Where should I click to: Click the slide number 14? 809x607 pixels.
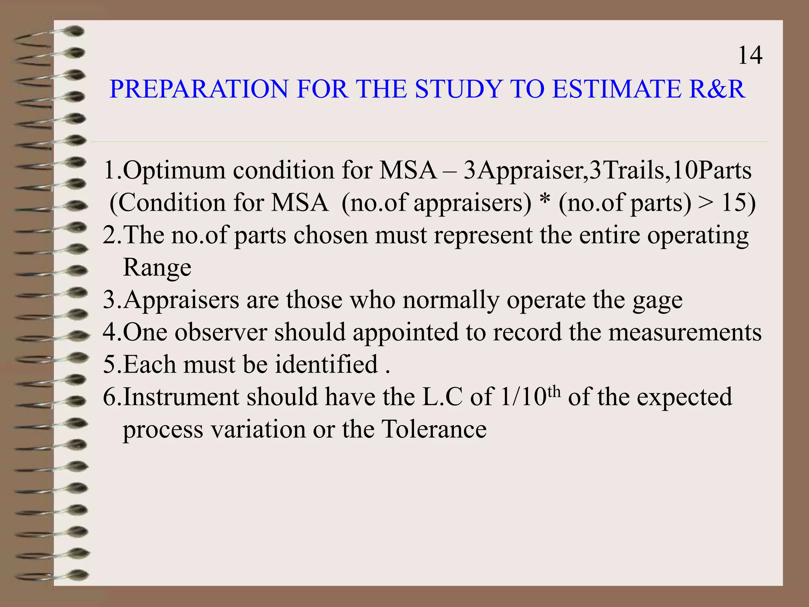coord(750,55)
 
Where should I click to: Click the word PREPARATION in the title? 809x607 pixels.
coord(199,89)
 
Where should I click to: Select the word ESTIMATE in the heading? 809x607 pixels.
coord(616,89)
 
